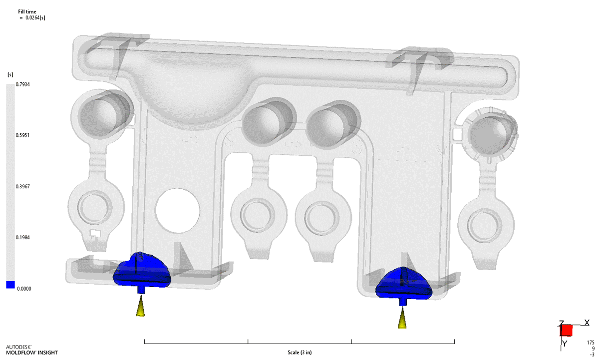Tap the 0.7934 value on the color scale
tap(23, 84)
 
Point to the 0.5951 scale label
tap(23, 135)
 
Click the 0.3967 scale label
tap(23, 186)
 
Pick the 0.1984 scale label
tap(23, 238)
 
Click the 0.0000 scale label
tap(24, 289)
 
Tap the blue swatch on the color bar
tap(10, 285)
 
